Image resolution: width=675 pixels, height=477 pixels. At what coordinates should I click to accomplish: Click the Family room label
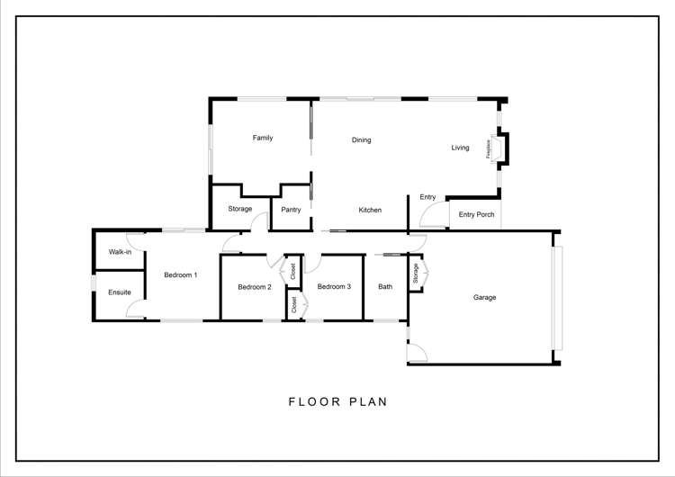click(x=263, y=138)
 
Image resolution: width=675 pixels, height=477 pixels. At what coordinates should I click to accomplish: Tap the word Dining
click(x=362, y=139)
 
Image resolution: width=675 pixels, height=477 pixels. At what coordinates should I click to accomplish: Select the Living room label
click(x=460, y=148)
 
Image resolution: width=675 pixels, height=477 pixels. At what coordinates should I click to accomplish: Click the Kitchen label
click(x=370, y=210)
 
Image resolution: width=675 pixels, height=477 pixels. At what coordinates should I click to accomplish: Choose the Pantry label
click(x=291, y=210)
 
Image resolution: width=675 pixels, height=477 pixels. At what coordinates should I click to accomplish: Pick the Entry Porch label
click(x=477, y=214)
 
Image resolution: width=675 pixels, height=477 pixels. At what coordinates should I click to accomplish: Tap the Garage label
click(x=485, y=297)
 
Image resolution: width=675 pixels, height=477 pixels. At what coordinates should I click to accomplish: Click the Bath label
click(x=385, y=287)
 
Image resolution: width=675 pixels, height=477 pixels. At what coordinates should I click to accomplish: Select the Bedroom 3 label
click(x=334, y=287)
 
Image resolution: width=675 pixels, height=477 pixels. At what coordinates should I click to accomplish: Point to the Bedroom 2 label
click(x=255, y=287)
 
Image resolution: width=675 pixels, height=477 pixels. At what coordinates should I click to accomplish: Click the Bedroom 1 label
click(x=180, y=274)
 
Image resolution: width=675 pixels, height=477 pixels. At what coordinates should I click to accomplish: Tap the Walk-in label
click(x=120, y=252)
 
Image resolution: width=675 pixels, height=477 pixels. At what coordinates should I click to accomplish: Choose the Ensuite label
click(x=120, y=292)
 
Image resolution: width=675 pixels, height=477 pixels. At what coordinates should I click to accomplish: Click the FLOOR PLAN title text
click(x=337, y=401)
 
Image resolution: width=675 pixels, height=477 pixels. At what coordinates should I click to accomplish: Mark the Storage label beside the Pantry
click(x=240, y=209)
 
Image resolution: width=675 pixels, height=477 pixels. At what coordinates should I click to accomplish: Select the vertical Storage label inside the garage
click(x=416, y=274)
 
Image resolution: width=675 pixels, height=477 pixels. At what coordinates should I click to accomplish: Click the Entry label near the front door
click(x=427, y=197)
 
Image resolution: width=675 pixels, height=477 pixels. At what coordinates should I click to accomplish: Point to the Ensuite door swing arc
click(x=133, y=308)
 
